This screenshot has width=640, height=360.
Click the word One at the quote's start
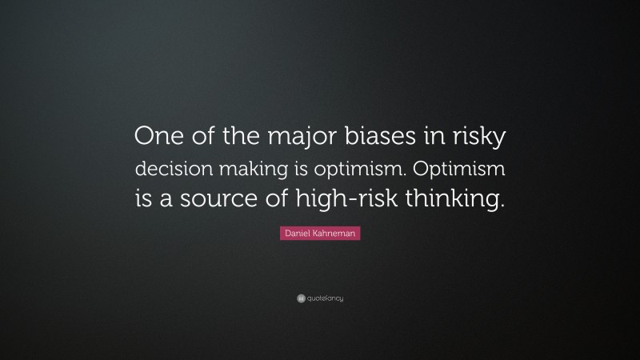(x=158, y=137)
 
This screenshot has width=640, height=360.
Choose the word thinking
(x=462, y=198)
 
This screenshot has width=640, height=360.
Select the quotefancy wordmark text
(x=325, y=298)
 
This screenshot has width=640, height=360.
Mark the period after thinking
(x=503, y=204)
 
